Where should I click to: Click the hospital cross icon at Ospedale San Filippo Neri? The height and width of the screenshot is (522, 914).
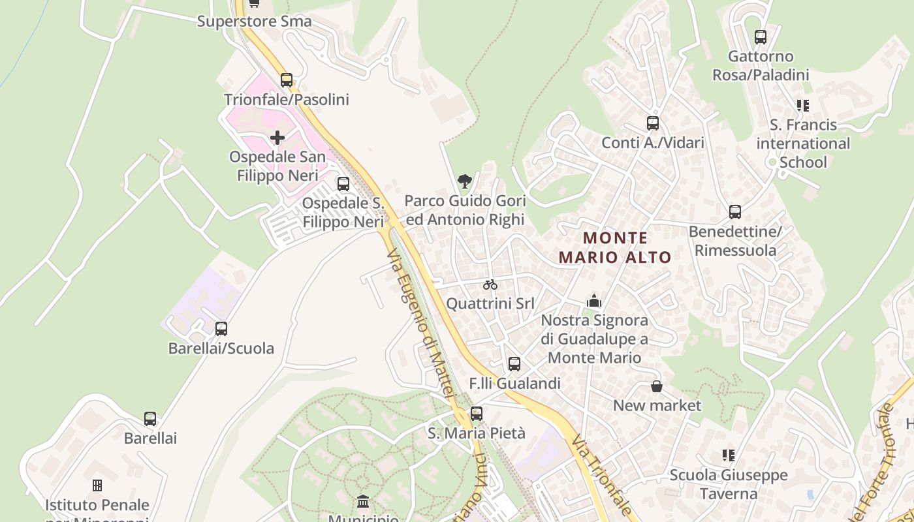click(x=277, y=138)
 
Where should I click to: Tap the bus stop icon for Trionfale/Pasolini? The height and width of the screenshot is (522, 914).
click(x=287, y=80)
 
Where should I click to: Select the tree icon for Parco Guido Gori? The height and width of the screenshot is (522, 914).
click(x=464, y=181)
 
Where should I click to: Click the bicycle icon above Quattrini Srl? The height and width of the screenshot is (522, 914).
click(x=490, y=284)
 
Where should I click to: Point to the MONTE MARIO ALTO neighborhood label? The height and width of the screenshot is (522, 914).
click(x=615, y=247)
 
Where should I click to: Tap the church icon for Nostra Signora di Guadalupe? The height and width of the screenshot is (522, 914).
click(x=594, y=301)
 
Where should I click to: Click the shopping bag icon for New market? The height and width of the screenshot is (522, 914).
click(x=657, y=386)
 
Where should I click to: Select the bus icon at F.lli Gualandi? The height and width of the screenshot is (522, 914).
click(x=514, y=363)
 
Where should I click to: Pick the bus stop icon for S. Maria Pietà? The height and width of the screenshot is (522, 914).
click(x=477, y=413)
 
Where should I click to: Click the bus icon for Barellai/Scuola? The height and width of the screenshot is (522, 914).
click(x=221, y=328)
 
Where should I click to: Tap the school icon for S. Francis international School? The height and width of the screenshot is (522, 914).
click(x=802, y=105)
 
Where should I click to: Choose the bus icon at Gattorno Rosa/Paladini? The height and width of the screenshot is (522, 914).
click(x=760, y=37)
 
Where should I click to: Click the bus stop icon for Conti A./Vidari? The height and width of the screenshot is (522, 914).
click(x=652, y=123)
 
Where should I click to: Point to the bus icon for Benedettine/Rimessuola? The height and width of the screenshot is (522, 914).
click(x=735, y=212)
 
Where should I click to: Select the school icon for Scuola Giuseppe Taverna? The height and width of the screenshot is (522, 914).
click(x=729, y=455)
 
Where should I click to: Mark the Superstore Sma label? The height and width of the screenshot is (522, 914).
click(x=255, y=22)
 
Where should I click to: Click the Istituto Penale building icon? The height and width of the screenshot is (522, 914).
click(x=97, y=485)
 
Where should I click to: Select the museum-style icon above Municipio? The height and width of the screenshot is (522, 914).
click(x=363, y=502)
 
